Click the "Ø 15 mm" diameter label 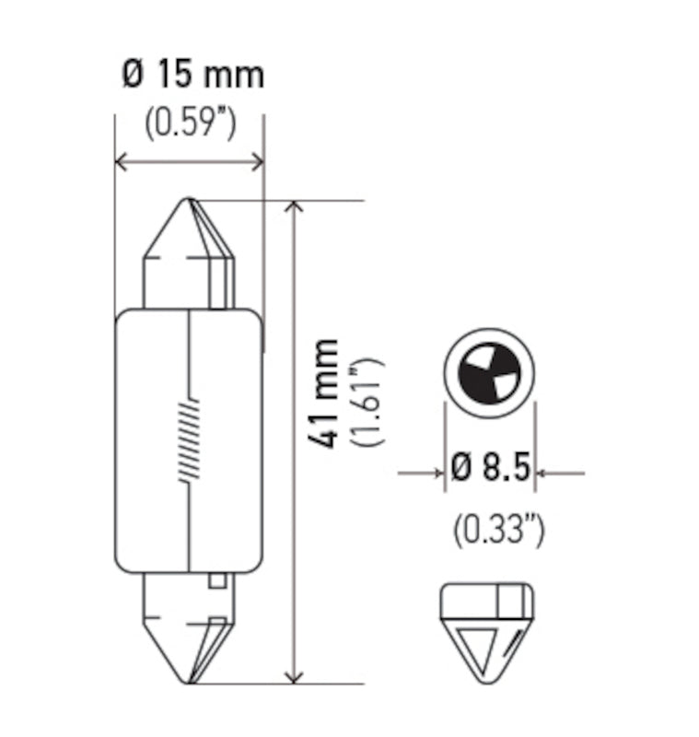point(192,75)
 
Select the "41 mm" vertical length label point(324,394)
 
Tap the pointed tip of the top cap point(190,201)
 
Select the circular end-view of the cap point(489,372)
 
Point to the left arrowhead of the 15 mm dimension point(121,163)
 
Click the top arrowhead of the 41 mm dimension point(294,207)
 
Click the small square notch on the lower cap point(216,580)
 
